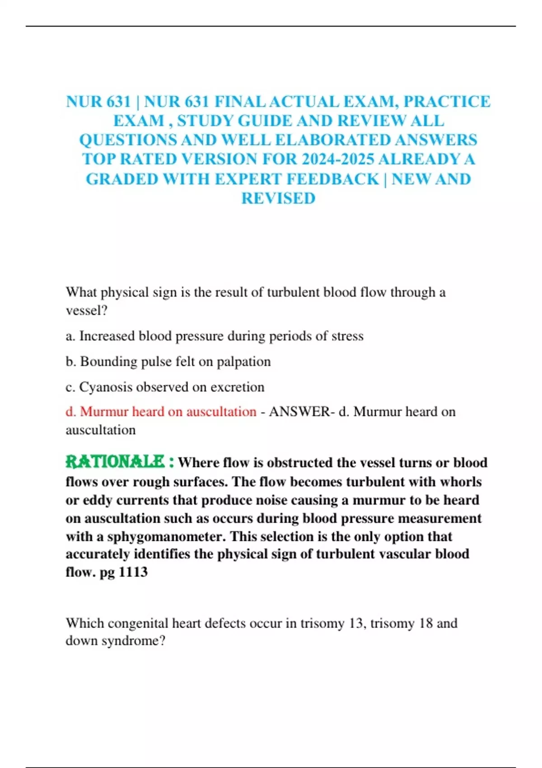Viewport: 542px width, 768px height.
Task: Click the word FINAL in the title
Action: point(240,102)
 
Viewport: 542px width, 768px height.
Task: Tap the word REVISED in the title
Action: point(278,198)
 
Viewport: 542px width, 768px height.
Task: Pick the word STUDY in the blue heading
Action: point(206,121)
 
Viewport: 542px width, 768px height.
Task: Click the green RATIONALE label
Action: point(115,462)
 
